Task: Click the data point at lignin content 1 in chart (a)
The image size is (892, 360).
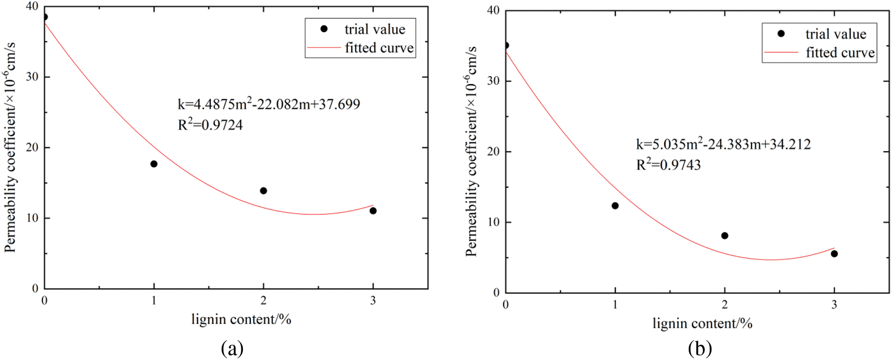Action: click(154, 164)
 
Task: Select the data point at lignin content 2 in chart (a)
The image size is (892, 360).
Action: click(263, 191)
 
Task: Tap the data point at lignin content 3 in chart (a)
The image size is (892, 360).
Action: click(373, 211)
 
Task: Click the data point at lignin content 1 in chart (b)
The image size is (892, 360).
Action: click(615, 205)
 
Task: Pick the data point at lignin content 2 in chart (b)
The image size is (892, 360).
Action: click(725, 235)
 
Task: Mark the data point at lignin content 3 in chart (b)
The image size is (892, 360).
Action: click(834, 254)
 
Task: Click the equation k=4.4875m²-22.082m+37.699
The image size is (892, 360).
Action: click(269, 104)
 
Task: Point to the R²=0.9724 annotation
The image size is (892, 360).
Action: click(210, 125)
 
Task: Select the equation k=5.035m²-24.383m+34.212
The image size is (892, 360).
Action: click(723, 144)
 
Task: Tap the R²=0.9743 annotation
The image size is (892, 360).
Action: click(668, 165)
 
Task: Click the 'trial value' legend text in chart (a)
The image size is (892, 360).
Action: click(375, 29)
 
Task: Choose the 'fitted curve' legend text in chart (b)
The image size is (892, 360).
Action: click(840, 52)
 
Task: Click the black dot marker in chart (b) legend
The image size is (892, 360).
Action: click(781, 34)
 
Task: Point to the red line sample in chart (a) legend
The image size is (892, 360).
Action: click(323, 48)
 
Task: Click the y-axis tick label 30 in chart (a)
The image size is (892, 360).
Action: click(32, 77)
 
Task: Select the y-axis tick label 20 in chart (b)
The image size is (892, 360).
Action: click(493, 152)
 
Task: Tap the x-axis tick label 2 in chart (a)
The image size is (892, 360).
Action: click(263, 301)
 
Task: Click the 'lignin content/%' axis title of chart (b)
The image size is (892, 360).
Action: click(702, 323)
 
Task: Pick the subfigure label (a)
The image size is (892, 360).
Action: click(233, 349)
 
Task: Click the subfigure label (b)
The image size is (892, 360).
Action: click(700, 349)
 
